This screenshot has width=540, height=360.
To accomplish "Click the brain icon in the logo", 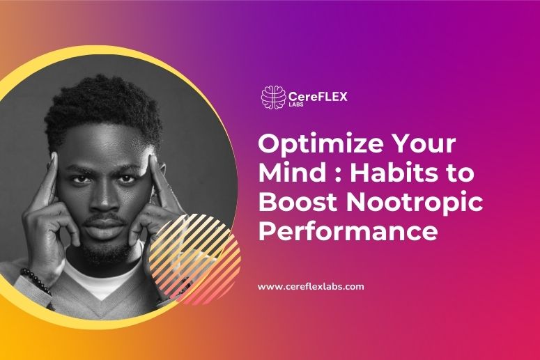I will click(x=272, y=97).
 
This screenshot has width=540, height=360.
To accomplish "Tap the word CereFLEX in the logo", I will click(x=317, y=96).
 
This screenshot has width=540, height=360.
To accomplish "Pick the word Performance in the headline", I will click(x=348, y=230).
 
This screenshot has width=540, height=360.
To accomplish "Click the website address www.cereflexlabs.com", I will click(x=311, y=286).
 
